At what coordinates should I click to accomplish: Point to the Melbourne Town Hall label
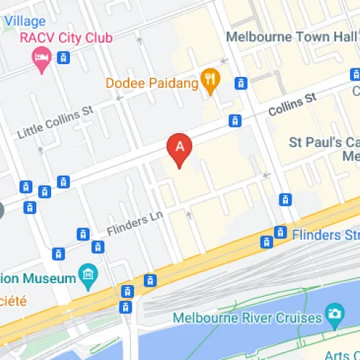(288, 37)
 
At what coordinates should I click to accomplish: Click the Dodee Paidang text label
(152, 84)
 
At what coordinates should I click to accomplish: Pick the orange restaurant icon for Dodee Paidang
(210, 81)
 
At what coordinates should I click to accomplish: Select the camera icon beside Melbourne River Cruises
(334, 314)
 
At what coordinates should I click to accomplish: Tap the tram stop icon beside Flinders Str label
(280, 232)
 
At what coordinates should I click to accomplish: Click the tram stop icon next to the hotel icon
(64, 58)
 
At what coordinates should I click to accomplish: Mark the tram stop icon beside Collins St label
(234, 121)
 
